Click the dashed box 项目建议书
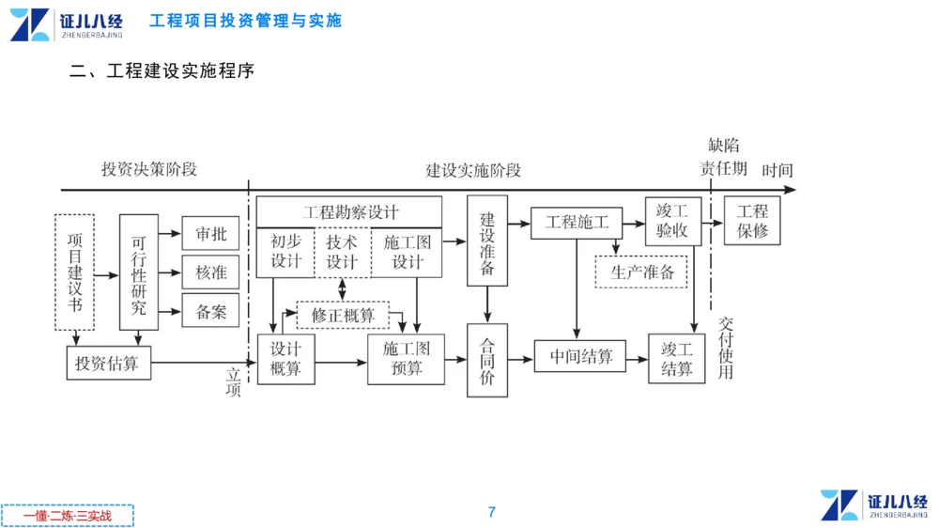click(x=75, y=272)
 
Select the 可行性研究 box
click(x=139, y=272)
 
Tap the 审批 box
click(x=211, y=234)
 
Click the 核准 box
click(x=211, y=272)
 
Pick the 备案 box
click(x=211, y=311)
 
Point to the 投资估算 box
click(x=108, y=363)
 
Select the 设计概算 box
click(x=286, y=359)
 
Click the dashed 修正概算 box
click(x=343, y=315)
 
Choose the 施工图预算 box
click(x=406, y=359)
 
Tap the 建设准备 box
click(x=487, y=241)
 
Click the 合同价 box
click(x=487, y=360)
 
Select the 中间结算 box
click(x=580, y=357)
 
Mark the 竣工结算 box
click(x=676, y=359)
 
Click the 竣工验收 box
click(x=672, y=222)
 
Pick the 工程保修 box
click(x=752, y=222)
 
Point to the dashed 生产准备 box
click(x=641, y=272)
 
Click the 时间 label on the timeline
click(x=777, y=170)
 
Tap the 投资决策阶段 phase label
click(x=149, y=169)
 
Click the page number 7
click(x=491, y=512)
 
